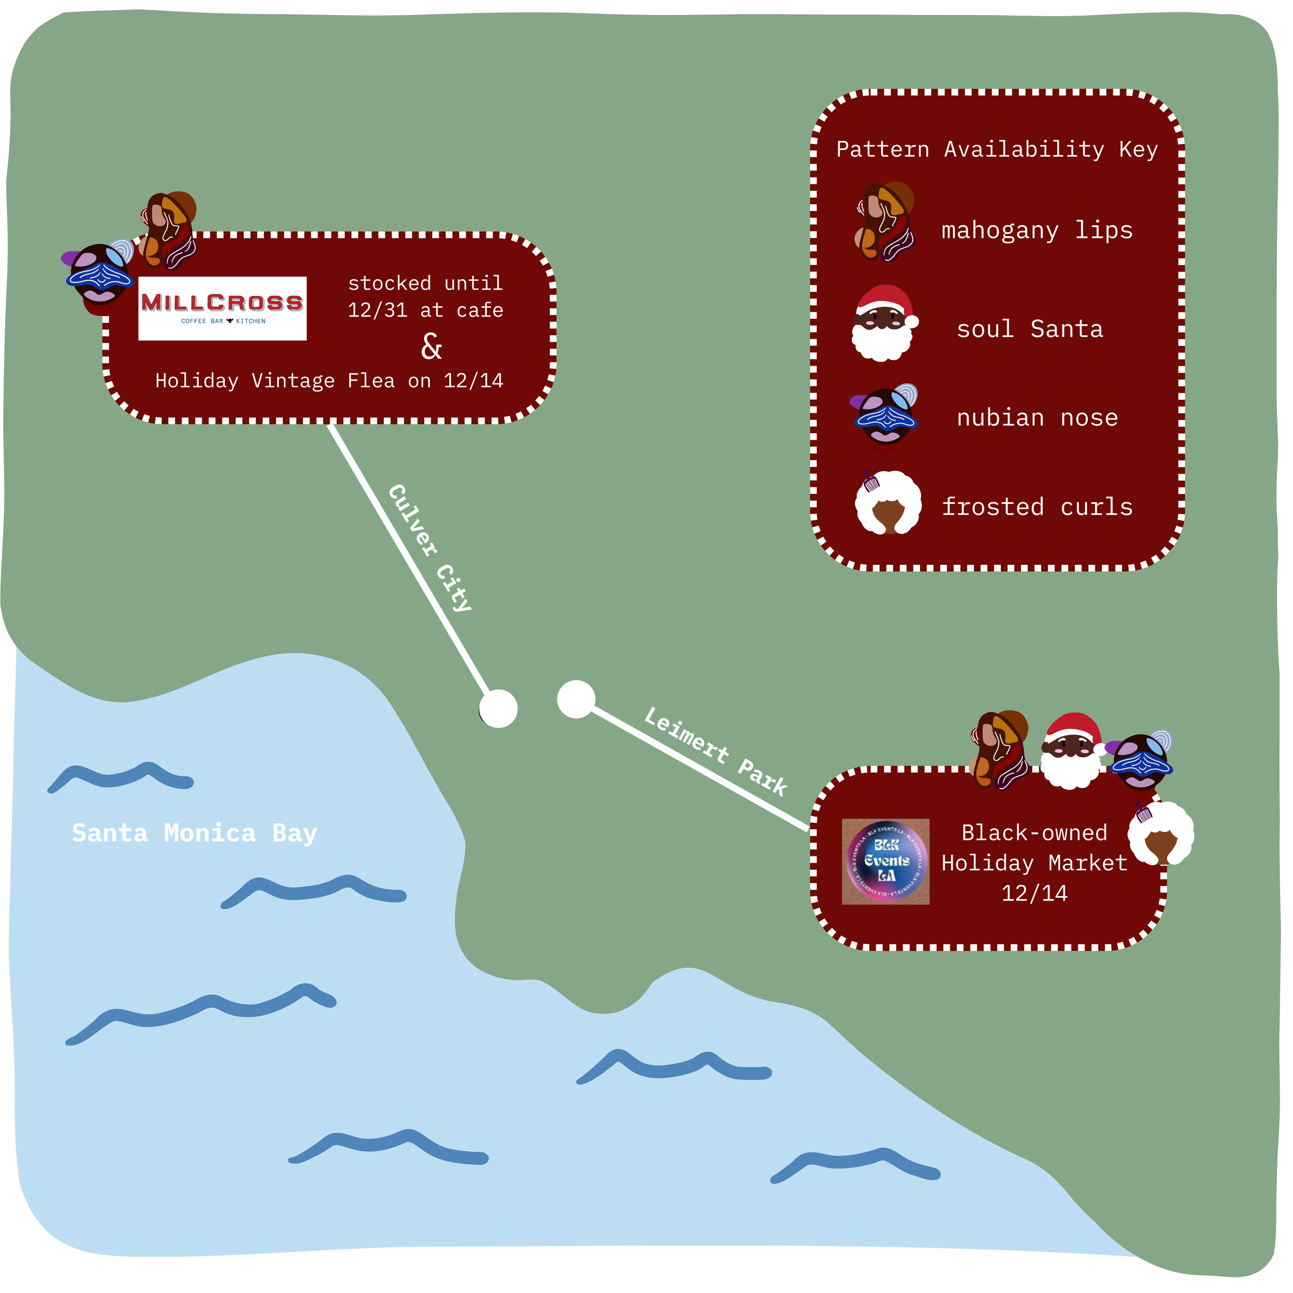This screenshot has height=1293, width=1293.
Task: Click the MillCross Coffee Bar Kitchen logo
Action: (223, 309)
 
